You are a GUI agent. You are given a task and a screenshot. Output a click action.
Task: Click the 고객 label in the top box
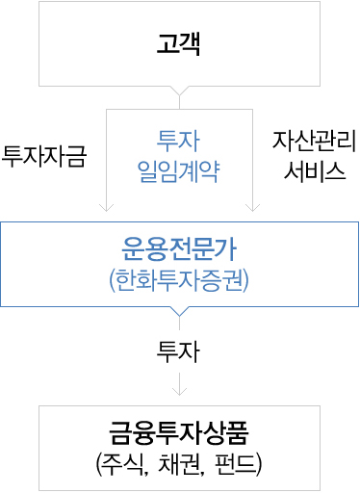click(x=179, y=44)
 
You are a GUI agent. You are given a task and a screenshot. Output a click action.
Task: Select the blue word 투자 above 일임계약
click(x=179, y=142)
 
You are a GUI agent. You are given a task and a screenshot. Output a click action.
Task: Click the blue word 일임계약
click(x=179, y=171)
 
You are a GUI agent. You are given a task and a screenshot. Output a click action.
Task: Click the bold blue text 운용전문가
click(x=179, y=247)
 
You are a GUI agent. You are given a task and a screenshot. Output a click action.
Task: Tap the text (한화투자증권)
click(x=179, y=280)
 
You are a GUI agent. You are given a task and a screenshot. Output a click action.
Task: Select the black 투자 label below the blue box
click(x=179, y=352)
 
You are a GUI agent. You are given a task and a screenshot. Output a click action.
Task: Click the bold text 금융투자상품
click(x=179, y=428)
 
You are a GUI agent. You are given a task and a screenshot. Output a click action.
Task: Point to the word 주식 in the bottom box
click(x=129, y=461)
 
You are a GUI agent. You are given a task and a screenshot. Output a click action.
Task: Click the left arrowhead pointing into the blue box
click(x=106, y=206)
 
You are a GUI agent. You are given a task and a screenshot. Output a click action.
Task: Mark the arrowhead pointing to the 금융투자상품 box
click(x=179, y=390)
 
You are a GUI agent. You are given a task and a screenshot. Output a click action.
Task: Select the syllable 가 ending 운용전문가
click(x=230, y=247)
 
